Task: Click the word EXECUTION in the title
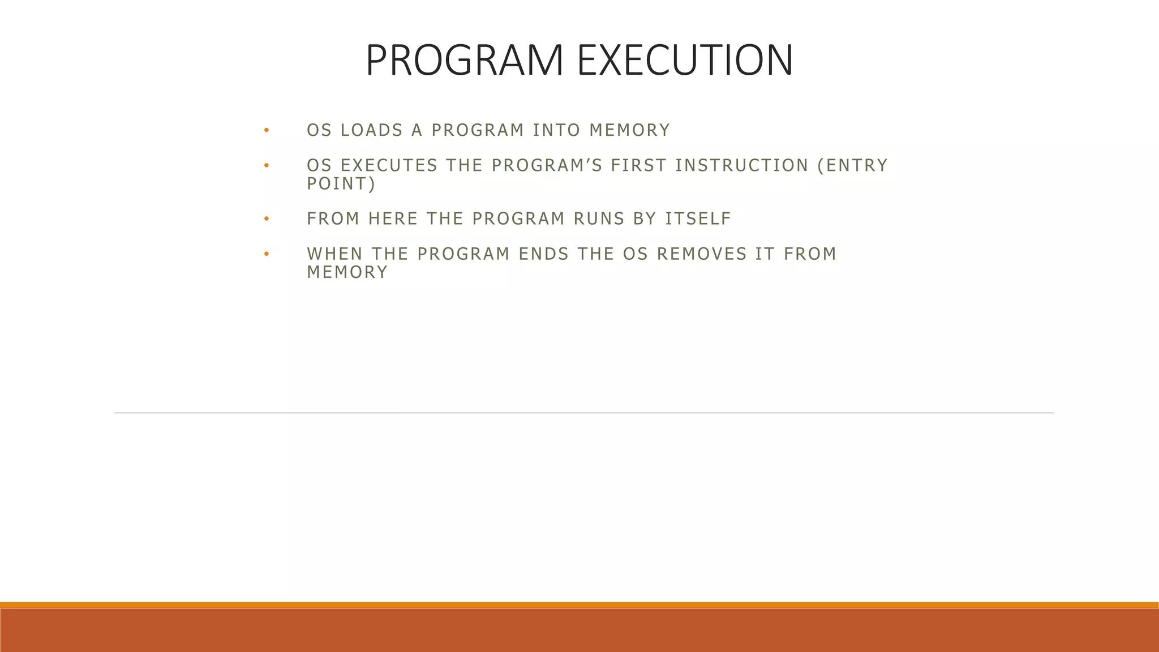tap(685, 60)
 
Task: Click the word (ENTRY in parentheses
tap(852, 165)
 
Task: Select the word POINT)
tap(341, 184)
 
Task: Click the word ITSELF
tap(698, 218)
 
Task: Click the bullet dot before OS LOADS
tap(266, 131)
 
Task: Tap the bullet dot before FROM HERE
tap(266, 219)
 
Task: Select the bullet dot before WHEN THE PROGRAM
tap(266, 254)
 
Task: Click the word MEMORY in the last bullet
tap(347, 272)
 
